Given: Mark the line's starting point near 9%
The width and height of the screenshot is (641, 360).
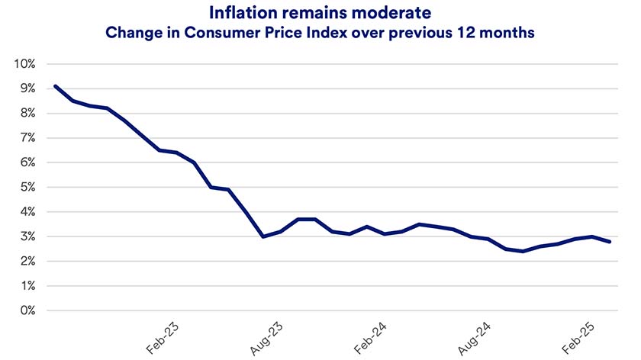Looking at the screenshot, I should click(55, 86).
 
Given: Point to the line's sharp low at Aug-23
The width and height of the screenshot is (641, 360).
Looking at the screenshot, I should click(263, 236).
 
